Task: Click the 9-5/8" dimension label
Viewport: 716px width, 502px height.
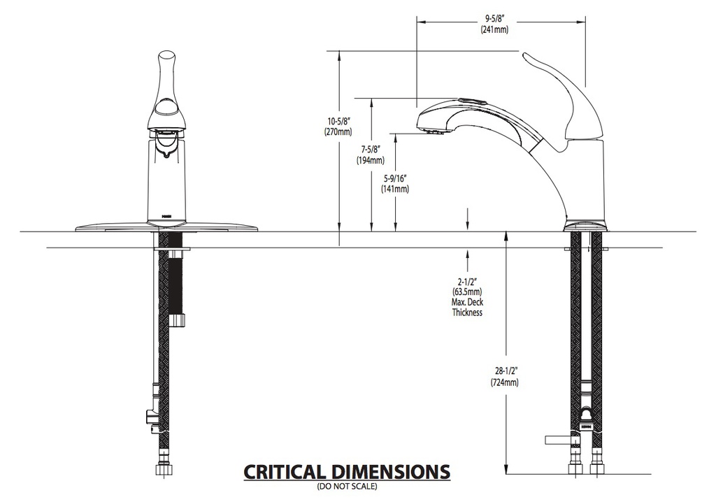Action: (x=494, y=20)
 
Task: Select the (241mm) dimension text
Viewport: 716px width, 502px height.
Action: (x=494, y=29)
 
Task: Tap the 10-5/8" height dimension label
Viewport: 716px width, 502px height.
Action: (x=338, y=122)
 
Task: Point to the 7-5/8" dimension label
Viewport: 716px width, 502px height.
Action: (x=371, y=150)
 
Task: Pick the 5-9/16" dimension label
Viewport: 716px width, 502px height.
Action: (x=395, y=178)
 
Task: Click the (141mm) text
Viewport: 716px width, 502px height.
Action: (x=395, y=189)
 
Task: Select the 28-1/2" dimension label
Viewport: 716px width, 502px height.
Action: (x=505, y=372)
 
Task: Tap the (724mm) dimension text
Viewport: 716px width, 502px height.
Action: (x=505, y=382)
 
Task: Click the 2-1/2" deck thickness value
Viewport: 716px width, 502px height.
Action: (x=468, y=282)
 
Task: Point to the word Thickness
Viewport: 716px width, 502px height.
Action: (x=468, y=313)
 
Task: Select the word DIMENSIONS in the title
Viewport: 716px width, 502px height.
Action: (x=391, y=472)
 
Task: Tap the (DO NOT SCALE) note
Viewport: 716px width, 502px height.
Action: (x=348, y=487)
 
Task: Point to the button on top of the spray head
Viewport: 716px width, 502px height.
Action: (x=470, y=99)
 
